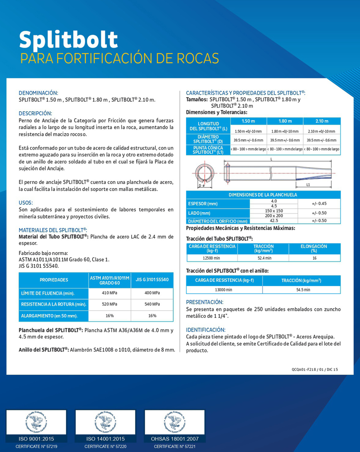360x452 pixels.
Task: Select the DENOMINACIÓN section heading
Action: pos(38,93)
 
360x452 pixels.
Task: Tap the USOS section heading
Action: pos(26,203)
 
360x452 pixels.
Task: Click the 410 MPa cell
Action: pos(109,293)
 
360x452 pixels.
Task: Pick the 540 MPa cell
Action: pos(152,304)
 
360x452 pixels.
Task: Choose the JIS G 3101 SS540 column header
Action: pos(152,280)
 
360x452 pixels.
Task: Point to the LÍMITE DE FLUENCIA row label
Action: pos(48,293)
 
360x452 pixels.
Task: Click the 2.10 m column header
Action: pos(322,121)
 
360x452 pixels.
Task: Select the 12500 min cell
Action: pos(211,258)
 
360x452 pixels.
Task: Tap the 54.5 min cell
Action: pos(303,290)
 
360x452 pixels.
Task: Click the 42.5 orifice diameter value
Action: pos(274,221)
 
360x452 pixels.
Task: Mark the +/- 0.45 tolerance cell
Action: pos(319,204)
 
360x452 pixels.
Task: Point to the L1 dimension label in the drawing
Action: pos(308,185)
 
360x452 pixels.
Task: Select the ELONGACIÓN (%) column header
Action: pos(314,248)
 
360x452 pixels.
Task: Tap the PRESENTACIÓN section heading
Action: pos(204,302)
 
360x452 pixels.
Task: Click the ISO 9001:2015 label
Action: pos(36,439)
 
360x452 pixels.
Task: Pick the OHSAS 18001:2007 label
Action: pos(175,439)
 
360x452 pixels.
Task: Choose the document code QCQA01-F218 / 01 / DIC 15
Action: pos(315,370)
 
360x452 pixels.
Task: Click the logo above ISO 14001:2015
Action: pos(105,422)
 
